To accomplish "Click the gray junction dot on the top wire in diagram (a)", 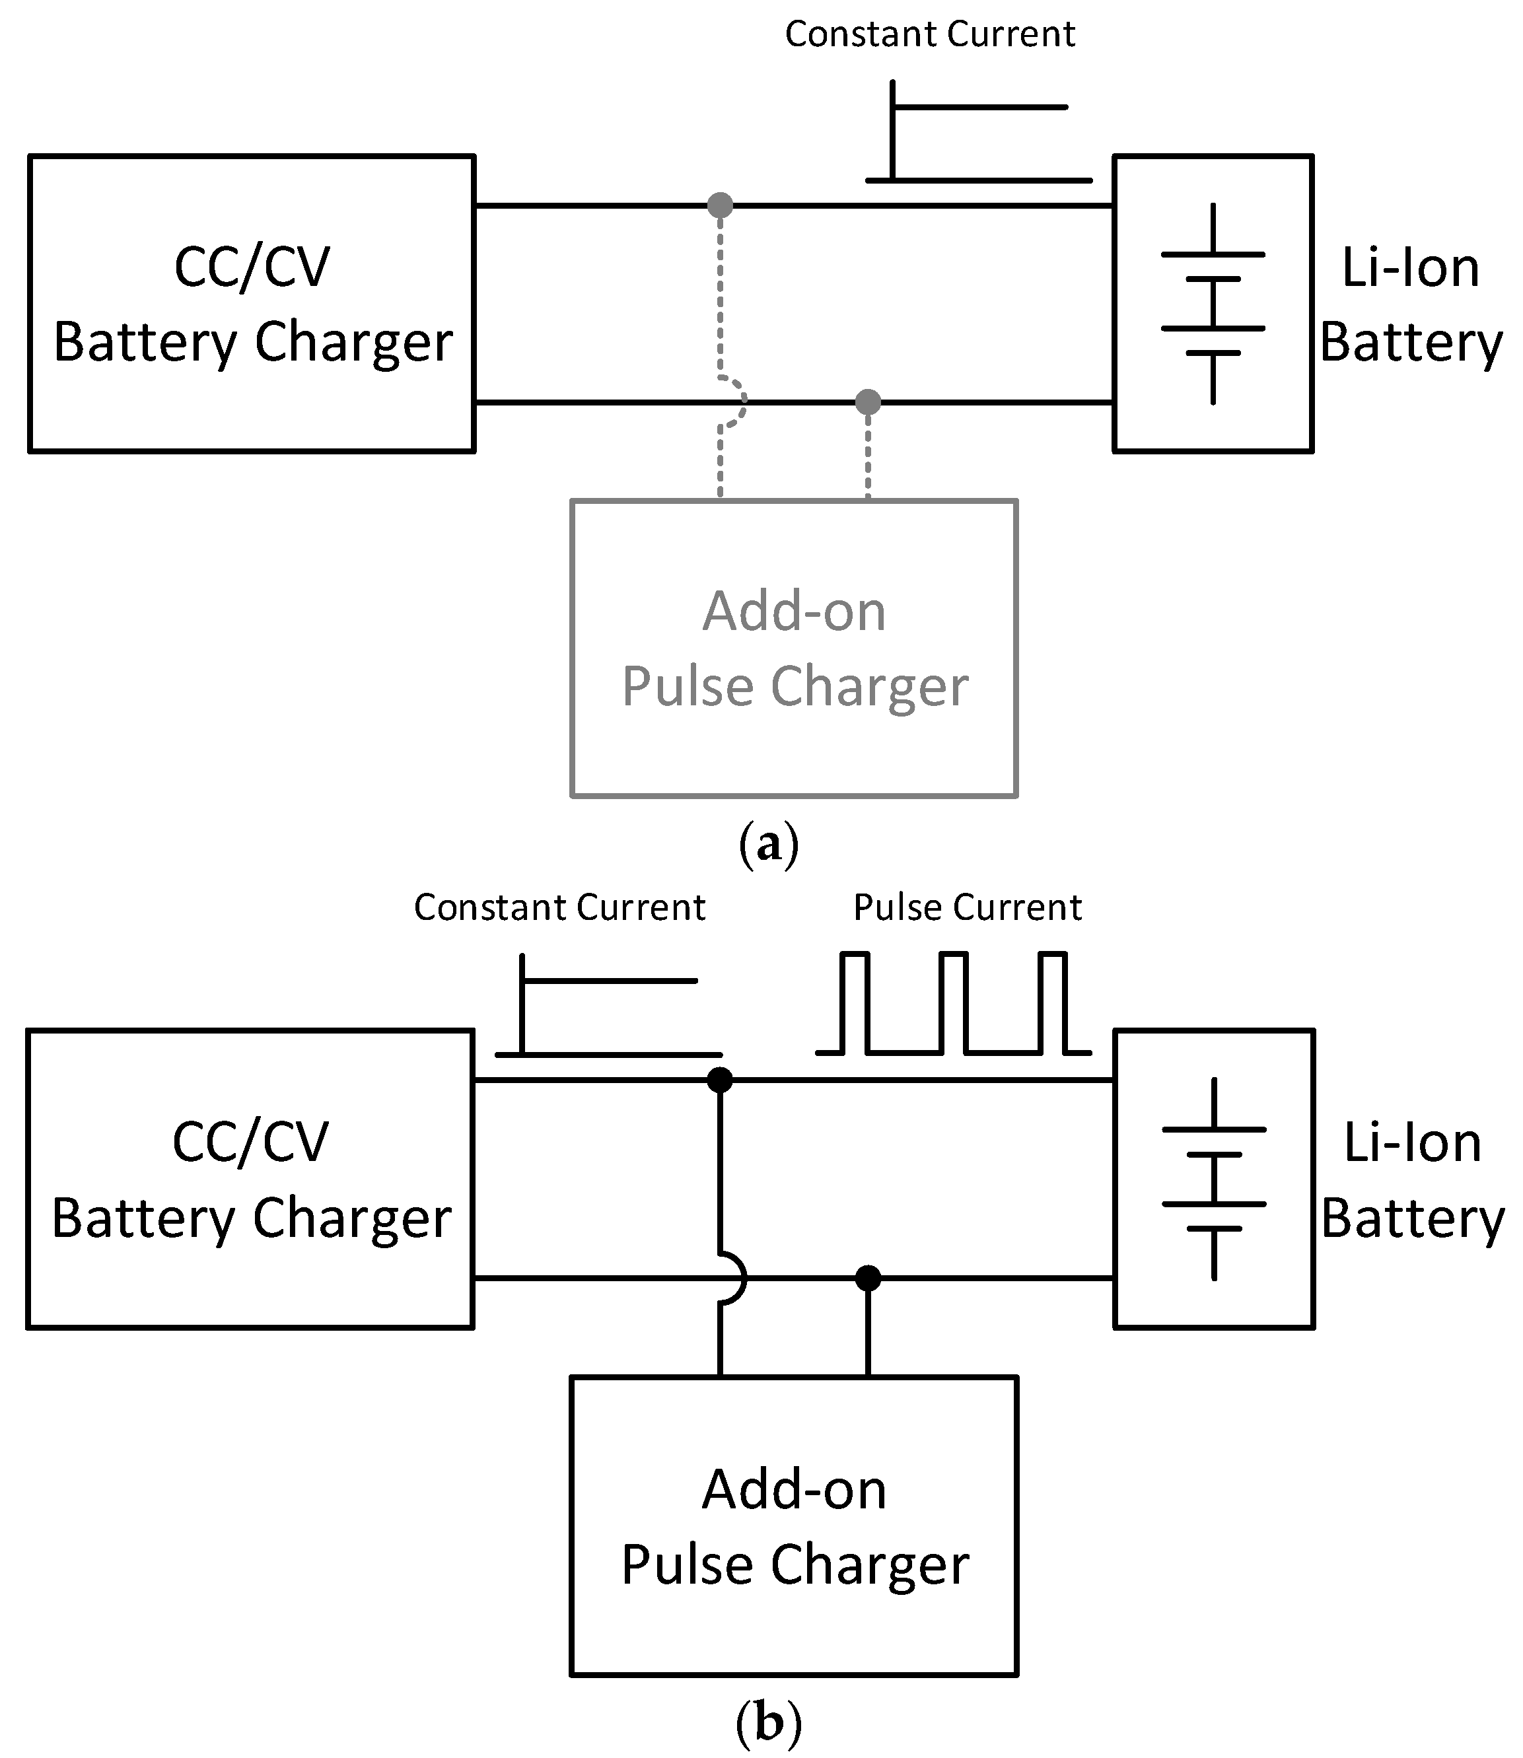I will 720,205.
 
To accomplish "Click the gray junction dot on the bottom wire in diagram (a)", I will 868,402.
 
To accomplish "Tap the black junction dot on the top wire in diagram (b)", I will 720,1080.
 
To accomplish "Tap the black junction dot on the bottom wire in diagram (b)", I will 868,1277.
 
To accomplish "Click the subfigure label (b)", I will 768,1722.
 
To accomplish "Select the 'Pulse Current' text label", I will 967,907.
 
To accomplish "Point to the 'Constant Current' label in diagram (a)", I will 930,34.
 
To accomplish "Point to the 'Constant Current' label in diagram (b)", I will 559,907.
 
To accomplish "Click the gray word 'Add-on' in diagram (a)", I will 794,611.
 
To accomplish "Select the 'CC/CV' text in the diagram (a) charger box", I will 252,267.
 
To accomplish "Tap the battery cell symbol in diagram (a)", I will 1213,303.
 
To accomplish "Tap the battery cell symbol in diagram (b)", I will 1214,1179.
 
